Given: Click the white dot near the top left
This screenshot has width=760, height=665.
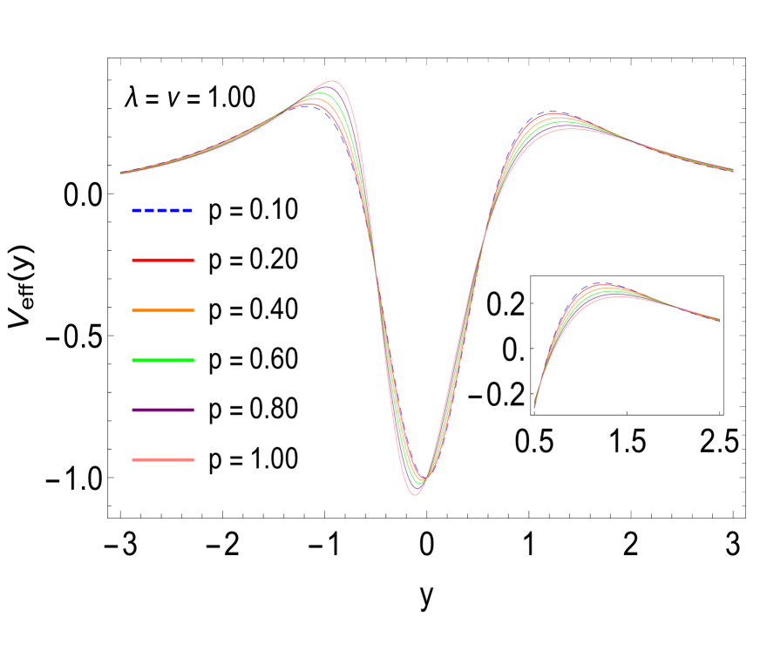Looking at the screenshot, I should (x=103, y=98).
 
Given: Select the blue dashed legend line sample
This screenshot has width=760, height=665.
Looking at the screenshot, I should (x=163, y=210).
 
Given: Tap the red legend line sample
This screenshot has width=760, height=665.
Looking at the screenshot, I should (x=163, y=260).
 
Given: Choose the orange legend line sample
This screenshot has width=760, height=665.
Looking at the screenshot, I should (x=163, y=310).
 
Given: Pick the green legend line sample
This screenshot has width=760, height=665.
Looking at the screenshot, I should (x=163, y=360).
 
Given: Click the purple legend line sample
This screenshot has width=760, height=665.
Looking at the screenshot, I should (x=163, y=410).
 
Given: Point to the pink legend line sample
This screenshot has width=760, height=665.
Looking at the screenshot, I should (x=163, y=459).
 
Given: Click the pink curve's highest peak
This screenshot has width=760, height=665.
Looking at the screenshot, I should (x=334, y=81).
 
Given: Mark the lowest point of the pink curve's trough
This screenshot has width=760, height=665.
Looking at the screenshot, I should (x=415, y=495).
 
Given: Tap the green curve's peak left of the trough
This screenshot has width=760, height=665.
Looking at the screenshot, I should (x=321, y=93).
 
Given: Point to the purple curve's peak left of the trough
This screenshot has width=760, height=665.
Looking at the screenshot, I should (x=328, y=86).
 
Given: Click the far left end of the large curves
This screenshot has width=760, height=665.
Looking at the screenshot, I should (x=120, y=173).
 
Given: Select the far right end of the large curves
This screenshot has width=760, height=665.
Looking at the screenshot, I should (x=733, y=170).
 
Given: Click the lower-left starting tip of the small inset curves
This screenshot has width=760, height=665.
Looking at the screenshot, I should (x=534, y=406).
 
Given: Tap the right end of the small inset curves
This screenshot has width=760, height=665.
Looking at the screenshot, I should (x=720, y=320).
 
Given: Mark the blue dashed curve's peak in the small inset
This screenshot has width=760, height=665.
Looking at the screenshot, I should (x=601, y=283).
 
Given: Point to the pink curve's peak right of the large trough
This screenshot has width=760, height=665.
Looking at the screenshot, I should (x=570, y=129).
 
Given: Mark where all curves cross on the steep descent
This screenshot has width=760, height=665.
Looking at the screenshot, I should (x=376, y=261).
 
